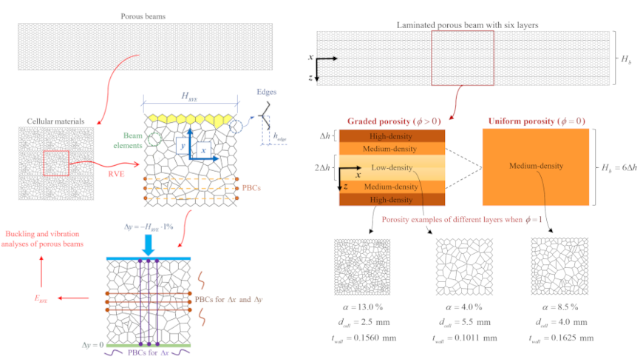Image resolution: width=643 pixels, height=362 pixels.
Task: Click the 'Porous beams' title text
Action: point(143,16)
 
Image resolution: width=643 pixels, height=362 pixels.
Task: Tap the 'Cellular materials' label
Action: point(55,121)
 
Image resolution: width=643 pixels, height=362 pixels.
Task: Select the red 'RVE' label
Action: point(116,174)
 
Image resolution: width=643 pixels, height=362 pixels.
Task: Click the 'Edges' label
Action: point(267,92)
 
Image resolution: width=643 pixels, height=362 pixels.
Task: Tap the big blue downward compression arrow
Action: point(148,245)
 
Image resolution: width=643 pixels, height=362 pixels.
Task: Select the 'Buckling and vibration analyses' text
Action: point(42,238)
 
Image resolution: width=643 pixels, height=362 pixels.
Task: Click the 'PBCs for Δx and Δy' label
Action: point(228,300)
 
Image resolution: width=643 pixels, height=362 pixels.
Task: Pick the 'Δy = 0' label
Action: point(92,345)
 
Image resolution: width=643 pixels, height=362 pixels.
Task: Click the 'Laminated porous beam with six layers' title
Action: point(468,25)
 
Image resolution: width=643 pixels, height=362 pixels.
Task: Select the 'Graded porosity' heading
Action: point(394,121)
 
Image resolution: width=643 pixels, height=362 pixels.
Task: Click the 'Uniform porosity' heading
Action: point(537,121)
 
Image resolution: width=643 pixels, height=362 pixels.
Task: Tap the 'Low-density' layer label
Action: point(392,167)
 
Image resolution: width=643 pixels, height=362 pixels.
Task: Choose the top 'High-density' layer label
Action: point(391,136)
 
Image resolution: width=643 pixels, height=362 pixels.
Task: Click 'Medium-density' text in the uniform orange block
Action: point(536,166)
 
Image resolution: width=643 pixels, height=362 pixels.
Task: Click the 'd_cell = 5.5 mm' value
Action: point(465,323)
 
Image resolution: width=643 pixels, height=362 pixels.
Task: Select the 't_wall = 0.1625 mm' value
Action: point(561,338)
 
